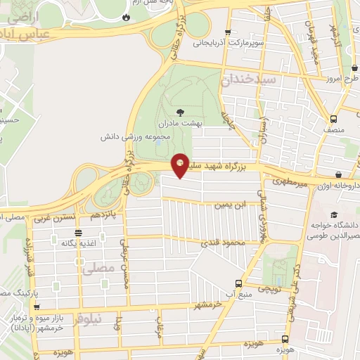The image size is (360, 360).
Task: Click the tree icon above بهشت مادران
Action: [180, 112]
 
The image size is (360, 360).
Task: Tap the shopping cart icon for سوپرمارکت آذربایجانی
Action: [227, 32]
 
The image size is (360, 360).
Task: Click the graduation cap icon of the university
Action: [335, 214]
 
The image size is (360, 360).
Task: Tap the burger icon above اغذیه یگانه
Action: [77, 231]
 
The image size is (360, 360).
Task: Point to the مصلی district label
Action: [97, 268]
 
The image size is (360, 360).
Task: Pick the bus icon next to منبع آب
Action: [238, 283]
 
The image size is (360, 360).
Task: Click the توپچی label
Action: [268, 288]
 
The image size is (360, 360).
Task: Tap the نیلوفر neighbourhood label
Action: [87, 319]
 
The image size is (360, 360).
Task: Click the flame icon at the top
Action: [125, 17]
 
